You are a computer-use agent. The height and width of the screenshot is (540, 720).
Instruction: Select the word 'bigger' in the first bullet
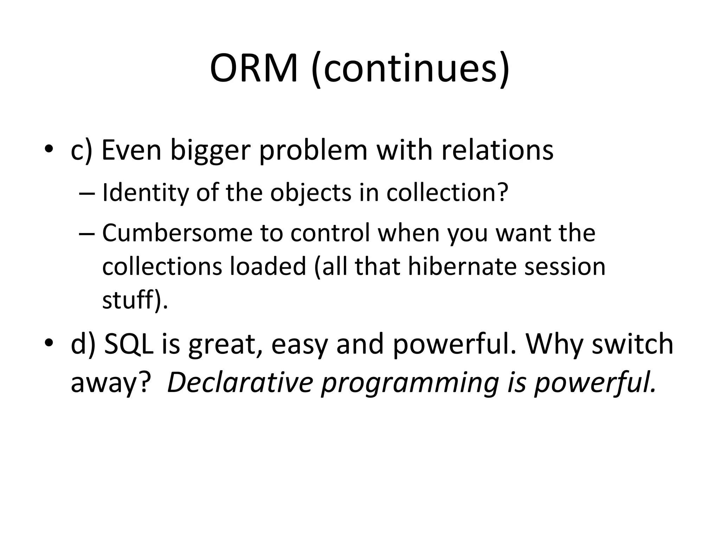210,150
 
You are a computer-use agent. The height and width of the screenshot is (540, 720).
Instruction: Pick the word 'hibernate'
462,266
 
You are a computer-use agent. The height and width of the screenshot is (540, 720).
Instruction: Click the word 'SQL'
129,344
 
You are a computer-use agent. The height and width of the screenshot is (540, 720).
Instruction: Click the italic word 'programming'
410,382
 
